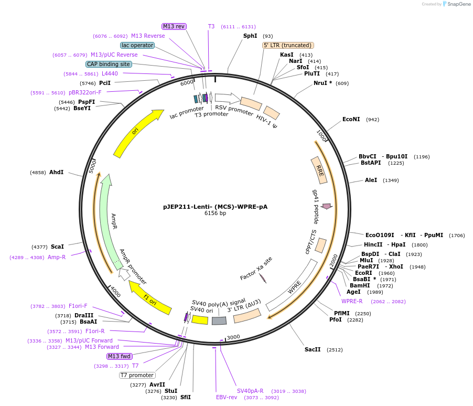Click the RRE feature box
319,170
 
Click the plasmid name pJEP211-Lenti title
215,206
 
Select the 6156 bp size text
215,213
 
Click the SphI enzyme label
250,36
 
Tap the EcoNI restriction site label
351,120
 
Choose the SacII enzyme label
313,349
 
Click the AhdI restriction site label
56,172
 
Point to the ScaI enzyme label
57,247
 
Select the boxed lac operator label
137,46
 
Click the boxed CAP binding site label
109,65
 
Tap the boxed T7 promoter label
137,375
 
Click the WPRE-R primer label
352,301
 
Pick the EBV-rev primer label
227,397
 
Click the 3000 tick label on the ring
233,337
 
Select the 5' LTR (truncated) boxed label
288,46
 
